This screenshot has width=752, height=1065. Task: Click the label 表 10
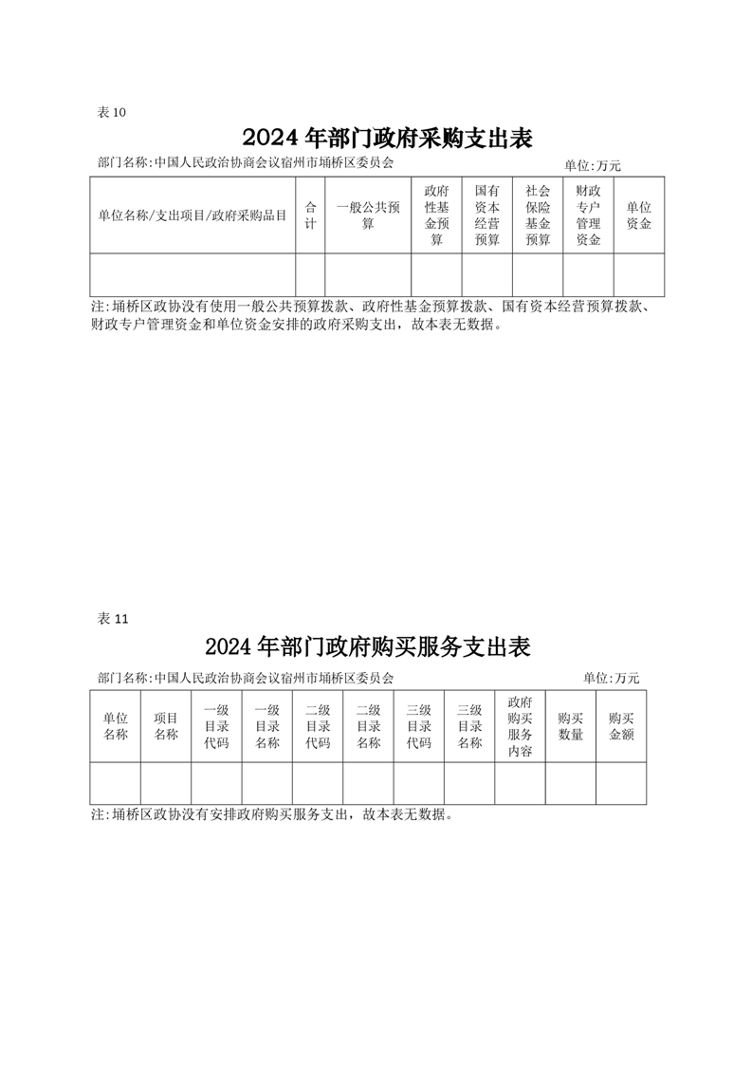tap(112, 112)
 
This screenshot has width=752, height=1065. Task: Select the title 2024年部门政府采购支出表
tap(387, 138)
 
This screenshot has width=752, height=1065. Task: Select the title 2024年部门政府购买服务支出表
tap(367, 646)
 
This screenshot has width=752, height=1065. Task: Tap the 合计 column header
tap(310, 215)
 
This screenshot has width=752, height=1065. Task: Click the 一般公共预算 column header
tap(368, 215)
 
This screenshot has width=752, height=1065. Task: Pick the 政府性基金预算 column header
tap(436, 215)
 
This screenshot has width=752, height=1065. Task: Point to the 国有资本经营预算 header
tap(487, 215)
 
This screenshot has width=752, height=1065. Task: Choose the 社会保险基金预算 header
tap(538, 215)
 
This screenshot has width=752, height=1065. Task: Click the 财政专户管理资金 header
tap(589, 215)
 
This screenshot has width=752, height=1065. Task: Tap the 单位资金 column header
tap(638, 215)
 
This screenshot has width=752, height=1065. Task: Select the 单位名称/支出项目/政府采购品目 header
tap(193, 216)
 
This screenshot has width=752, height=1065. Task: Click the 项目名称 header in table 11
tap(166, 726)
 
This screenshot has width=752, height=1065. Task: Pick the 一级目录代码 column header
tap(216, 726)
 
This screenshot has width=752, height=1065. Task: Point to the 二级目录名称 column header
tap(369, 726)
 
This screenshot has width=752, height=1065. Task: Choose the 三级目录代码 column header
tap(419, 726)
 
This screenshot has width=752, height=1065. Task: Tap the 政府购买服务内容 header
tap(520, 726)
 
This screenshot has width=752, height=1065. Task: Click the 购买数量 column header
tap(571, 726)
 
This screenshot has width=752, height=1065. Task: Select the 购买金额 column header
tap(621, 726)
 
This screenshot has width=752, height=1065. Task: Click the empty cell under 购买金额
tap(621, 783)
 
